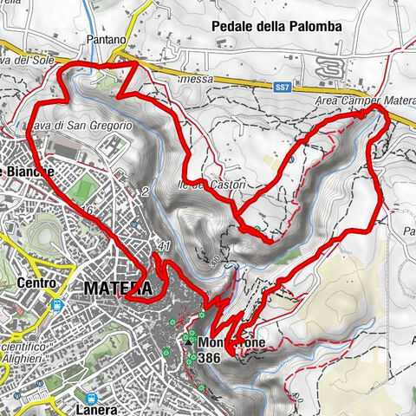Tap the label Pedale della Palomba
277,27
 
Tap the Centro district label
36,283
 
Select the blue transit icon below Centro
57,305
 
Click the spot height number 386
209,356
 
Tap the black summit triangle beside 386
188,341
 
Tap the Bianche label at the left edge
28,172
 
